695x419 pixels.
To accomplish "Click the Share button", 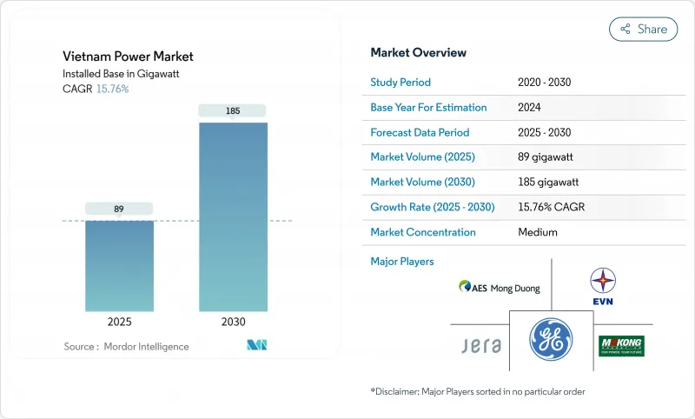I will [x=643, y=29].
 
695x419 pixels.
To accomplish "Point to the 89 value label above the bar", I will [x=119, y=209].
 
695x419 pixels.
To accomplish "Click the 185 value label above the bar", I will [x=232, y=110].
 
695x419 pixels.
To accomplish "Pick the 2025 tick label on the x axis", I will [x=119, y=322].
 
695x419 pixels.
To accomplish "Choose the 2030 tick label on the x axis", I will [x=232, y=322].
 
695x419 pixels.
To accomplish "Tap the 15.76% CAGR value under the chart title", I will [x=111, y=89].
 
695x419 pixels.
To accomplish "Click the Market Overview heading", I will [x=418, y=53].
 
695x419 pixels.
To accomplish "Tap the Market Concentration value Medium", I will [x=538, y=232].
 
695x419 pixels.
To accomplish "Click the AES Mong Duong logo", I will [x=500, y=288].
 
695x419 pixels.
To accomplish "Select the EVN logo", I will [x=603, y=287].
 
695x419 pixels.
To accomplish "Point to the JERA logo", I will [x=480, y=345].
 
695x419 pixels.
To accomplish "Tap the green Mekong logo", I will [x=622, y=346].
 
